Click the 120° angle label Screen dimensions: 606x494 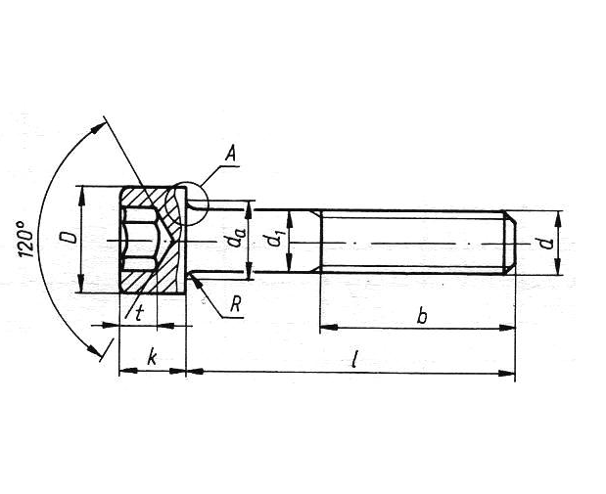tap(25, 240)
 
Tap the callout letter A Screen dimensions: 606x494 tap(230, 155)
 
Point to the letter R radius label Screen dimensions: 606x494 tap(236, 305)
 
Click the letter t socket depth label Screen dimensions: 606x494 tap(140, 313)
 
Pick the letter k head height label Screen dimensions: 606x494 tap(152, 357)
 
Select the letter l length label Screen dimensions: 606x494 tap(353, 359)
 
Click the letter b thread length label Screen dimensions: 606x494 tap(422, 316)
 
